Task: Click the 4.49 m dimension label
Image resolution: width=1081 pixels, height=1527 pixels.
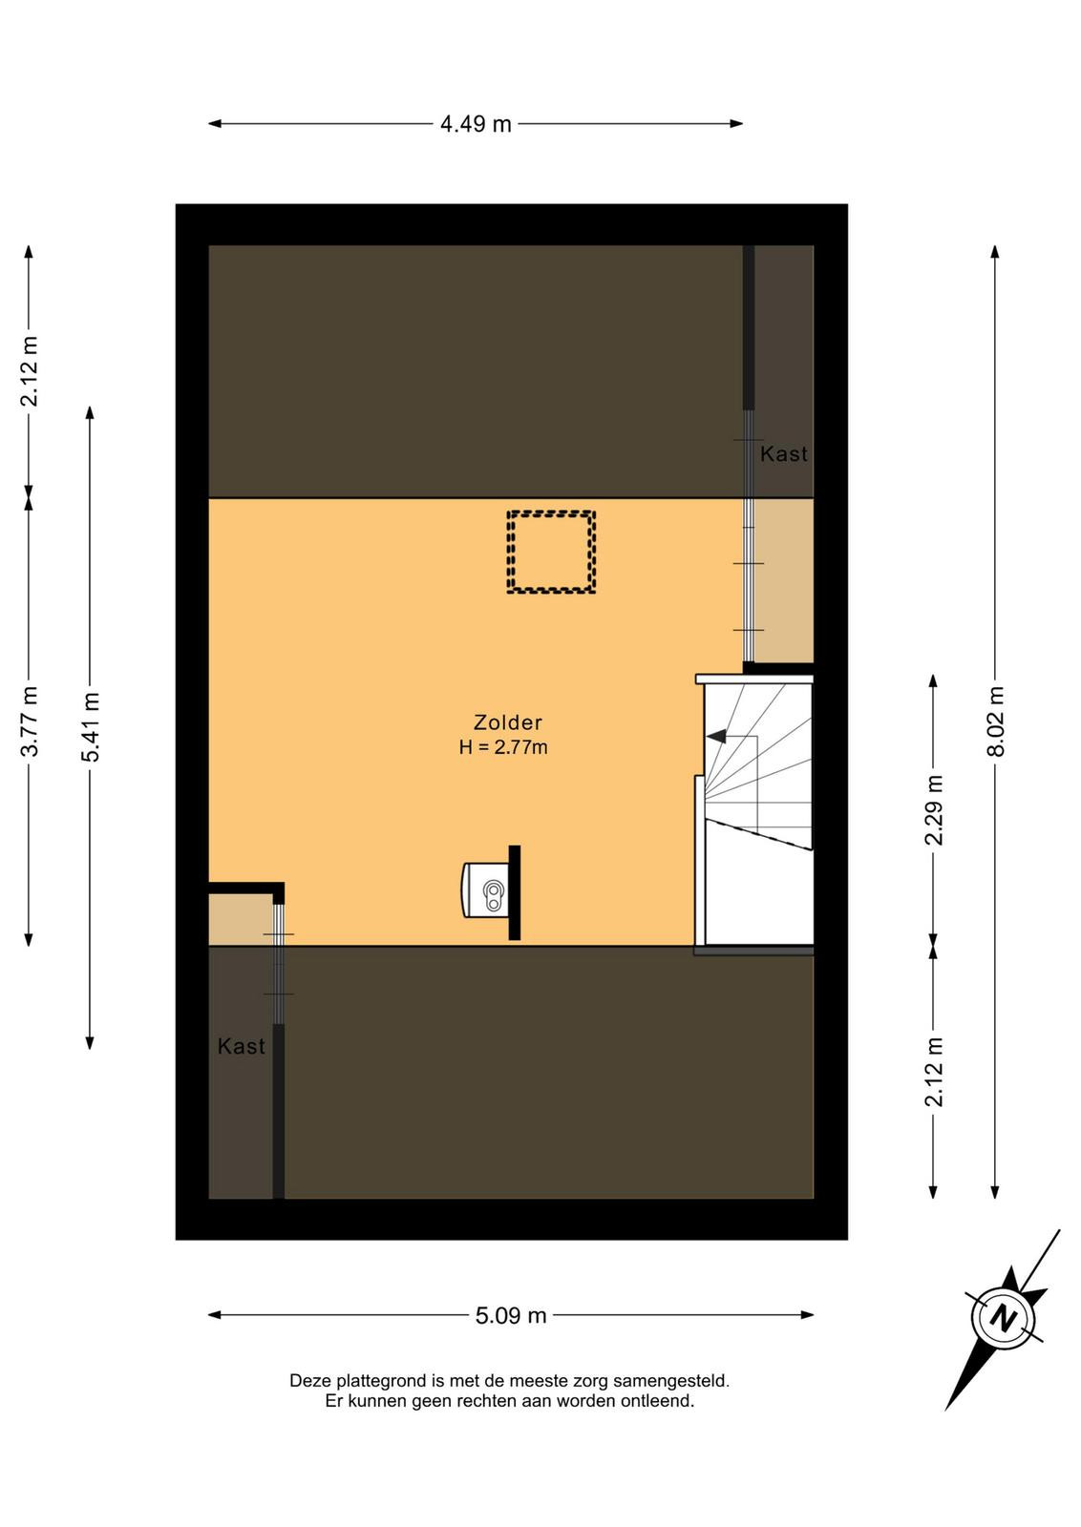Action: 476,124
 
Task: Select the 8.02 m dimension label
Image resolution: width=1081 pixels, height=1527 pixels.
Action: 995,722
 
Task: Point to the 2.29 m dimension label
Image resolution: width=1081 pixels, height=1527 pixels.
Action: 933,810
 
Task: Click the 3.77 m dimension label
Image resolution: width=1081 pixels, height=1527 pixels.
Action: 30,721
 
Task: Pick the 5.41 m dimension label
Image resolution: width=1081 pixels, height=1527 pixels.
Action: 90,726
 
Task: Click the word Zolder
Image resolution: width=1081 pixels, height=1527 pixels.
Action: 508,722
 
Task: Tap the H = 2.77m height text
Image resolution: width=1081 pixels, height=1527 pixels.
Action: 503,747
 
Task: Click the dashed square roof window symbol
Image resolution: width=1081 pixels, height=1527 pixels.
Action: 551,552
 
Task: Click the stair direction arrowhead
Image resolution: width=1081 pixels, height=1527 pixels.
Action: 716,736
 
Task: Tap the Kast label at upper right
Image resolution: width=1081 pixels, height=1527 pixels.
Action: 784,454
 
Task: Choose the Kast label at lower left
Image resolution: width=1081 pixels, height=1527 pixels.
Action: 242,1046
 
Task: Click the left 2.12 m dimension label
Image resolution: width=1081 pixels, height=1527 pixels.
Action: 30,371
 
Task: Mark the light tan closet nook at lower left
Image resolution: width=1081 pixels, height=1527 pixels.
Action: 240,920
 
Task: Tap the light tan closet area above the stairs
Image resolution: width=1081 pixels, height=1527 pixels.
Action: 784,580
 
